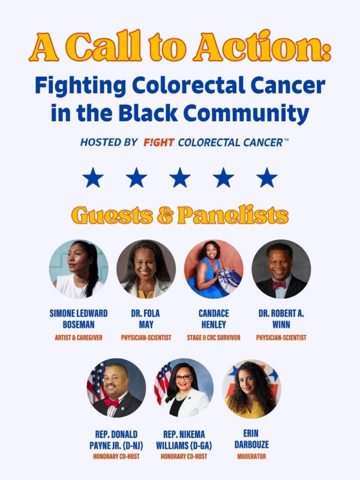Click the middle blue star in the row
pyautogui.click(x=180, y=178)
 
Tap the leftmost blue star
pyautogui.click(x=93, y=178)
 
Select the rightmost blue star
pyautogui.click(x=267, y=178)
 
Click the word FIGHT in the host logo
pyautogui.click(x=159, y=143)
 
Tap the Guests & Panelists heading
pyautogui.click(x=180, y=215)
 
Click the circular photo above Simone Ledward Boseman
pyautogui.click(x=79, y=269)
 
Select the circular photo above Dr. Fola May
pyautogui.click(x=146, y=269)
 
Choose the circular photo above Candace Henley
pyautogui.click(x=214, y=269)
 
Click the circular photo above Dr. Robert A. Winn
pyautogui.click(x=281, y=269)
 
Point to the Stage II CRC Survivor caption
pyautogui.click(x=214, y=338)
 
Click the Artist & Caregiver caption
pyautogui.click(x=78, y=338)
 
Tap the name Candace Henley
pyautogui.click(x=214, y=319)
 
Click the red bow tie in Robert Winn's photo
pyautogui.click(x=280, y=284)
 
